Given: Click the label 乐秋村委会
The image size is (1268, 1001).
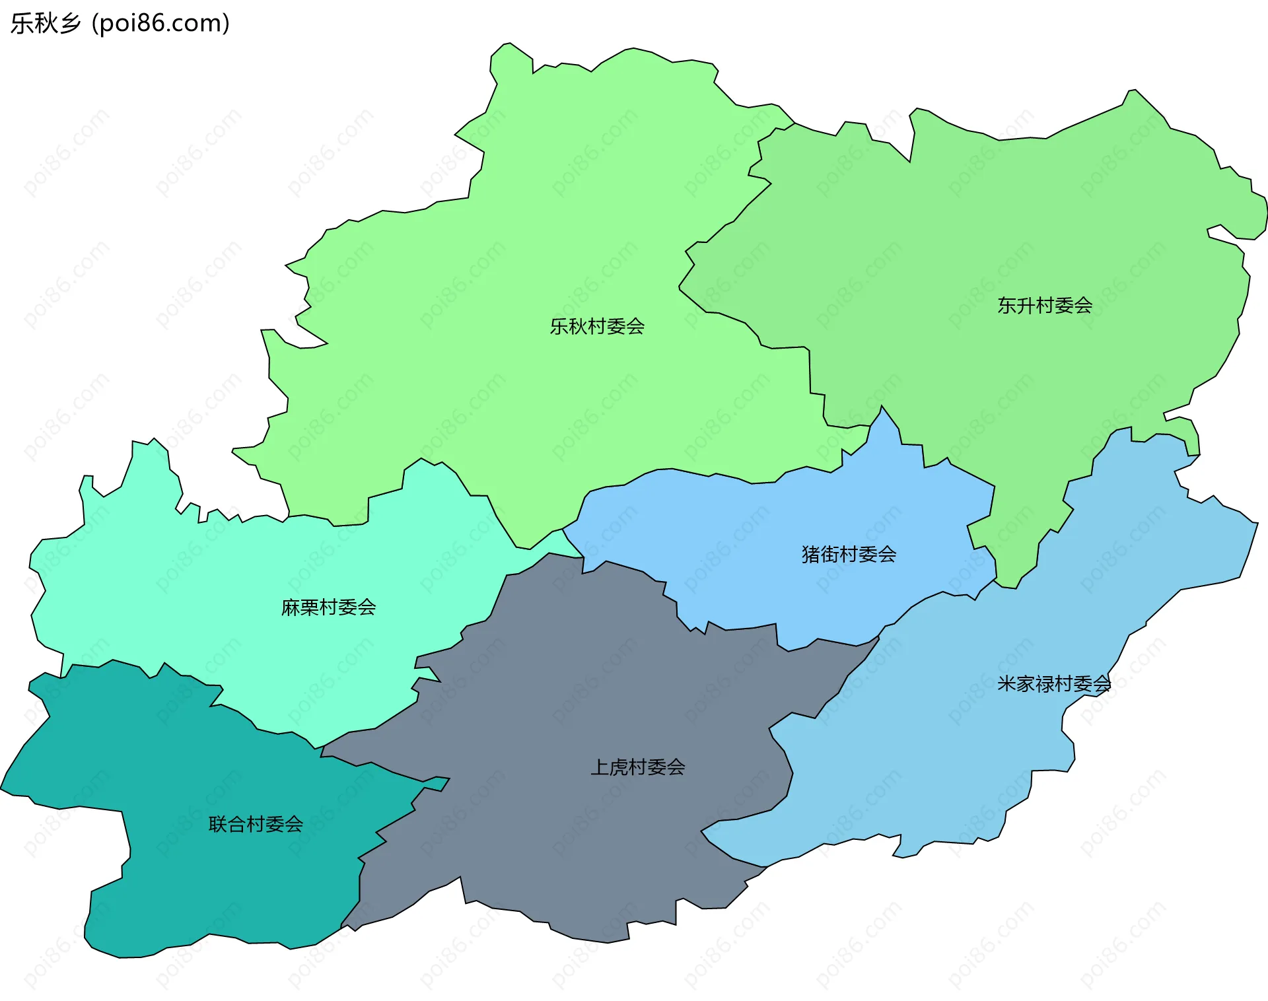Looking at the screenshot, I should [x=597, y=326].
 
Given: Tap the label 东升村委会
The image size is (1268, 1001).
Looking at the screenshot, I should [x=1045, y=306].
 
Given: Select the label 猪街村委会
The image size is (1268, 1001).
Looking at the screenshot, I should [x=849, y=554].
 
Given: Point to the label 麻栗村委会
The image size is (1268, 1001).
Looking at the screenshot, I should [x=328, y=607].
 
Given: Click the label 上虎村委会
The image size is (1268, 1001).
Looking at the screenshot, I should [x=637, y=767].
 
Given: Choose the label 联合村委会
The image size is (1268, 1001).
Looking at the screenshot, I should [x=256, y=824].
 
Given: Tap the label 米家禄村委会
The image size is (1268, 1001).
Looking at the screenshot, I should [x=1054, y=683].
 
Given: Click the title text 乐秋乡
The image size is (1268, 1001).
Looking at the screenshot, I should [x=45, y=23].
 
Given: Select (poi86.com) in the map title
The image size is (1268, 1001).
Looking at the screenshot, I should [x=160, y=23].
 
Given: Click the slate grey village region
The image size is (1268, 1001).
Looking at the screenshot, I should [x=594, y=693].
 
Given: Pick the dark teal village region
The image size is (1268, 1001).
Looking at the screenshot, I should [x=198, y=878].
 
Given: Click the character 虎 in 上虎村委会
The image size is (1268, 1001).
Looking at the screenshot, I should [x=619, y=767].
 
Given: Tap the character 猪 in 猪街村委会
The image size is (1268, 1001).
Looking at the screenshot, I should [x=811, y=554].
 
